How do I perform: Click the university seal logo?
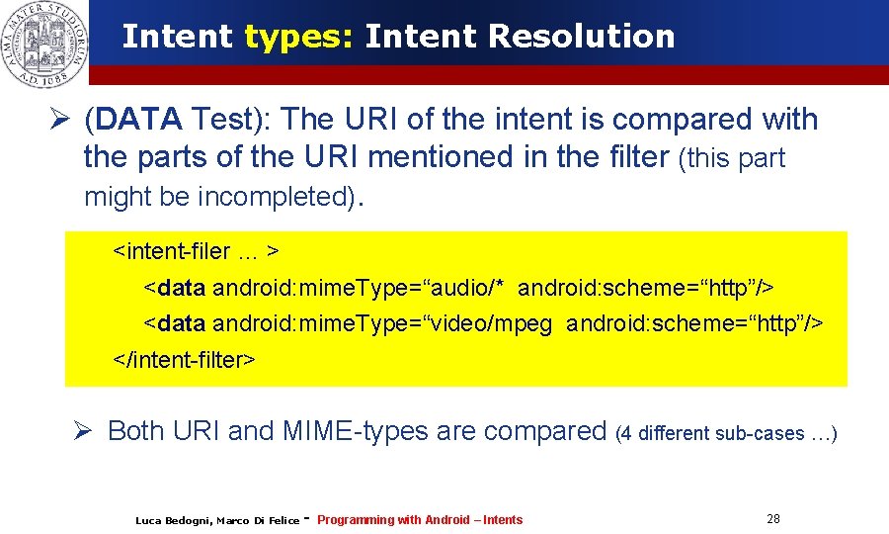(44, 44)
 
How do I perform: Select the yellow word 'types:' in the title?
(298, 37)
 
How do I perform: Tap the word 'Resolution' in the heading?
(582, 37)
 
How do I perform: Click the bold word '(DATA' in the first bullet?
(133, 120)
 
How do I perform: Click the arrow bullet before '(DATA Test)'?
(61, 120)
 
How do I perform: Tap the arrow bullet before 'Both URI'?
(83, 431)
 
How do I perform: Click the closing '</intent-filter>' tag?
(186, 360)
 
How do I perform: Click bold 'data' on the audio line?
(181, 288)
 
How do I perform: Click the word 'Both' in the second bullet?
(136, 431)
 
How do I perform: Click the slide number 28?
(773, 519)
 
